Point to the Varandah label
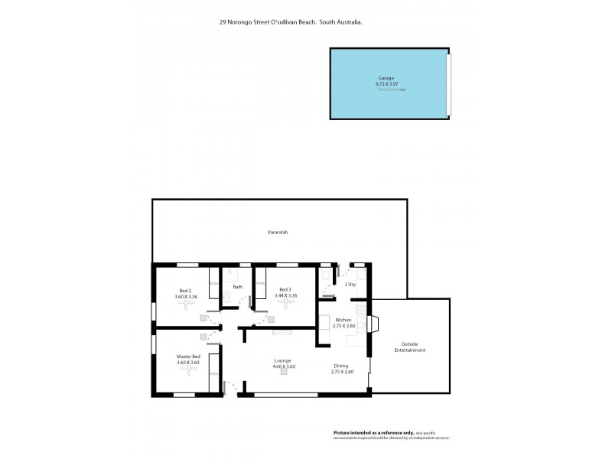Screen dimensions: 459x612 pos(277,232)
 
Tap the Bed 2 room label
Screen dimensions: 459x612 pos(185,290)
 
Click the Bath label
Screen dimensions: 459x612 pos(238,287)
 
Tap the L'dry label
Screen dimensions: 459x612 pos(350,284)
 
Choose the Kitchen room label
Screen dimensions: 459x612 pos(343,319)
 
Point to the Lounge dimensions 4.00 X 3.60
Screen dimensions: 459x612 pos(284,366)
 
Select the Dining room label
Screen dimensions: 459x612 pos(342,366)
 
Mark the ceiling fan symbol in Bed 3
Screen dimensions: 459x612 pos(285,303)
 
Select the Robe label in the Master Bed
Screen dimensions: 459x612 pos(213,373)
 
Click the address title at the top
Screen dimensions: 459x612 pos(291,23)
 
